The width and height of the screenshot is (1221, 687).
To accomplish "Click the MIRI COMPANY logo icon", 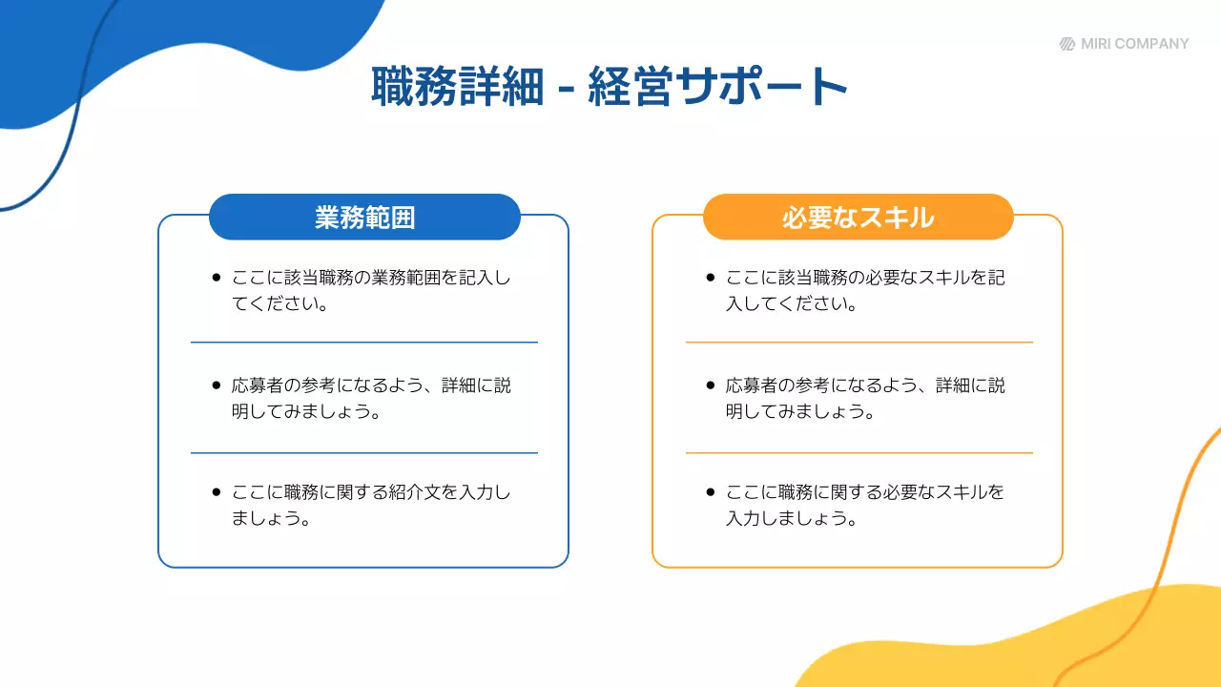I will click(x=1067, y=44).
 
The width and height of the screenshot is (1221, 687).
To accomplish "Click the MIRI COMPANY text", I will click(x=1135, y=44).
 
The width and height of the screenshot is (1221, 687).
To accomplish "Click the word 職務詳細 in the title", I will click(x=457, y=87).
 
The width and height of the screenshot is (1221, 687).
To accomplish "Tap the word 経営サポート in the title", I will click(x=718, y=87).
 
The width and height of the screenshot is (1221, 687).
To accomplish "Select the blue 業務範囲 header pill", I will click(x=364, y=218).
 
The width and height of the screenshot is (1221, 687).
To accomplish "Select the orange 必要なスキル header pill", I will click(x=858, y=218).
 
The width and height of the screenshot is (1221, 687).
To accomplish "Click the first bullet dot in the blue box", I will click(x=216, y=278).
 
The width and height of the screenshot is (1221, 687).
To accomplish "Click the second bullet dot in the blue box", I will click(x=216, y=385).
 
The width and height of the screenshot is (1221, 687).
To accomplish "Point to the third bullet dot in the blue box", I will click(x=216, y=492).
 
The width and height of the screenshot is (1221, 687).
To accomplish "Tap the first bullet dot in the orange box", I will click(x=710, y=278).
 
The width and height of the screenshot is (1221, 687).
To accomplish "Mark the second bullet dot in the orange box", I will click(x=710, y=385).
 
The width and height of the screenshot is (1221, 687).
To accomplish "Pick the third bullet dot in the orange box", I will click(x=710, y=492).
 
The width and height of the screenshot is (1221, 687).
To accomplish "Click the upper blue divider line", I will click(x=364, y=342).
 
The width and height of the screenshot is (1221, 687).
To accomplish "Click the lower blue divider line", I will click(x=364, y=452).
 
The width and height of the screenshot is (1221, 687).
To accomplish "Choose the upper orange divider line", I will click(x=859, y=342).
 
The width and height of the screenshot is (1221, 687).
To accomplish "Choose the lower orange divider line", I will click(x=859, y=452).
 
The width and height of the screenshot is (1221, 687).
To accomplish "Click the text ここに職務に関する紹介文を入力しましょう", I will click(x=371, y=506).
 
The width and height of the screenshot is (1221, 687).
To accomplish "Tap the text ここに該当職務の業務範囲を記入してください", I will click(x=371, y=291).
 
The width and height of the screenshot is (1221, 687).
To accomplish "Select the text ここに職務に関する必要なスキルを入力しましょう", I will click(x=864, y=506).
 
